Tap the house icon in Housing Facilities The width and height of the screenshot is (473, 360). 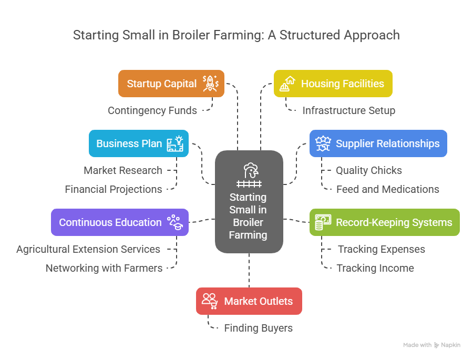tap(287, 83)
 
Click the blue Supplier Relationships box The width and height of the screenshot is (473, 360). tap(378, 143)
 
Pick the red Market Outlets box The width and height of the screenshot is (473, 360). tap(249, 301)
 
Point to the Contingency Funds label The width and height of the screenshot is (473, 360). tap(152, 110)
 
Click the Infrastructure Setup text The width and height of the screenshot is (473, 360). tap(348, 110)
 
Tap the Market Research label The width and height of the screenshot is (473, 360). tap(123, 170)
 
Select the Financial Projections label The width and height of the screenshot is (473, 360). tap(114, 189)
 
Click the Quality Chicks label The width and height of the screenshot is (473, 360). tap(369, 170)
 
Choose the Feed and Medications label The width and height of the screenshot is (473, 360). tap(388, 189)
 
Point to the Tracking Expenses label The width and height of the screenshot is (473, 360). tap(382, 249)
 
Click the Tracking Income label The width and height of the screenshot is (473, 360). tap(375, 268)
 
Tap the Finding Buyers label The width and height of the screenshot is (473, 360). tap(258, 328)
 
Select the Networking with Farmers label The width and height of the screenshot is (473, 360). tap(104, 268)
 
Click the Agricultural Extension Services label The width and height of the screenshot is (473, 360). tap(88, 249)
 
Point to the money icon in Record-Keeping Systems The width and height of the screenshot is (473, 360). tap(320, 222)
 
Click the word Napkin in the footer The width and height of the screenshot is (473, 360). tap(451, 345)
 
